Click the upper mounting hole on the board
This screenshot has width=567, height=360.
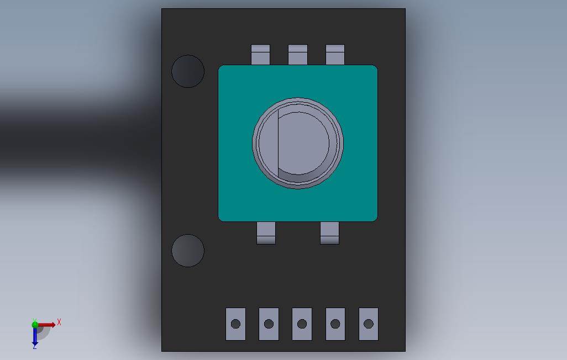pos(188,71)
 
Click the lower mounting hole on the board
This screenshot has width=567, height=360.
pos(188,251)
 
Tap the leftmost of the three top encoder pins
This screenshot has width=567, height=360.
pos(260,55)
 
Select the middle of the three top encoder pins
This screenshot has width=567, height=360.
pos(298,55)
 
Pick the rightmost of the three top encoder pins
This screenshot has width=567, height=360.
pos(335,55)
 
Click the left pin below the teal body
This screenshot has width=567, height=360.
pos(266,233)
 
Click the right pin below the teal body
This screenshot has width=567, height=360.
pos(329,233)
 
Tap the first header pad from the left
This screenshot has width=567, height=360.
pos(236,324)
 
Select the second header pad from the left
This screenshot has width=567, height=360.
pos(269,324)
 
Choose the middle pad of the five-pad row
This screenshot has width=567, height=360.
pos(302,324)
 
